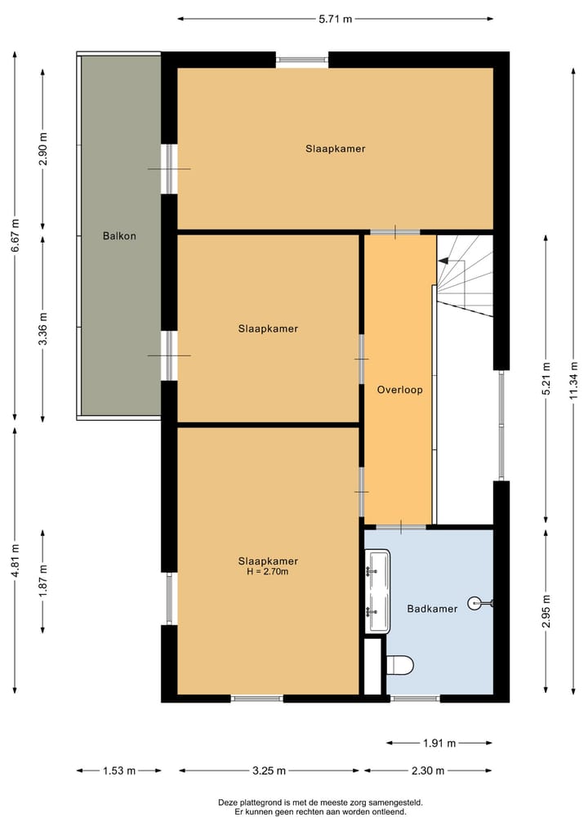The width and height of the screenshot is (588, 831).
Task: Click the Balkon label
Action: (119, 236)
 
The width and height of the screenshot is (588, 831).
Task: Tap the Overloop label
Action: (400, 390)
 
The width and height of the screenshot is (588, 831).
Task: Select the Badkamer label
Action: (432, 609)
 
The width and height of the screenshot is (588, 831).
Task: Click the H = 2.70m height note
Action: (268, 571)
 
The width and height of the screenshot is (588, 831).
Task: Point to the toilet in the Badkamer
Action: (399, 665)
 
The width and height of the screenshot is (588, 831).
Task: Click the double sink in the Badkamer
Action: (378, 591)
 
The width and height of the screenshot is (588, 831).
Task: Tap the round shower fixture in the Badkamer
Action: (475, 602)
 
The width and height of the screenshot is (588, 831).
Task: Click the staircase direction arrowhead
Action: (443, 261)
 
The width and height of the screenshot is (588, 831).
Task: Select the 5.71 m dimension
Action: (336, 19)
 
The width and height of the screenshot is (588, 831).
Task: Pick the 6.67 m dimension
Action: (15, 236)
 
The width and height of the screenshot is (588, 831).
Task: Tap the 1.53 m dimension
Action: (119, 771)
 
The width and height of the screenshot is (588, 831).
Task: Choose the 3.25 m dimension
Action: (269, 771)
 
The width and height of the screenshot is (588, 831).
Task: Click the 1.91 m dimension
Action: (439, 743)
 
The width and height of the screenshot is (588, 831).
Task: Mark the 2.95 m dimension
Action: (546, 611)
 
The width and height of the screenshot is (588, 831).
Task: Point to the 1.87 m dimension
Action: (43, 581)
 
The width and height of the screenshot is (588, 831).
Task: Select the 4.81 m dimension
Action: (15, 561)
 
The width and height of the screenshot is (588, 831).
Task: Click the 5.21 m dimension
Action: (546, 378)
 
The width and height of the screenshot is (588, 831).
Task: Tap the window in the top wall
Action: (302, 60)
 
